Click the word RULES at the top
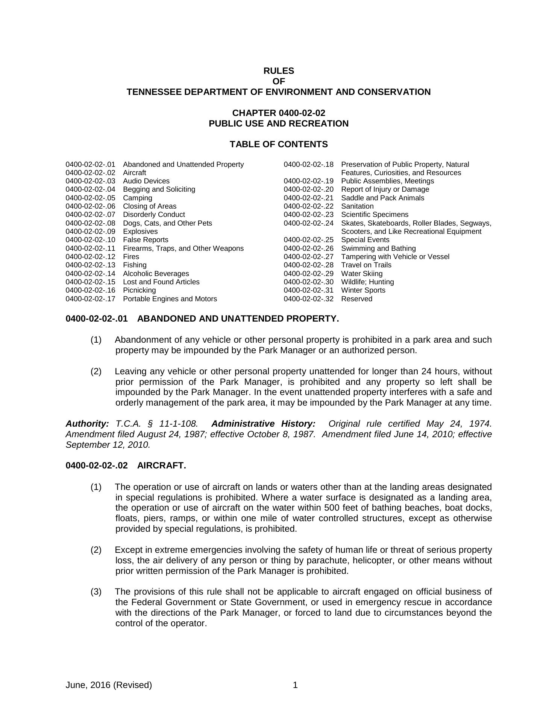click(279, 71)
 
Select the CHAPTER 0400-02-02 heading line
click(279, 113)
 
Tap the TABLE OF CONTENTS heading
click(279, 144)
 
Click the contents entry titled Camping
click(138, 198)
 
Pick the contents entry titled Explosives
click(140, 231)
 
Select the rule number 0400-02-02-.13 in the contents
click(90, 265)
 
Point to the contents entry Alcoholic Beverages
click(156, 273)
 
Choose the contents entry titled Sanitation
click(357, 206)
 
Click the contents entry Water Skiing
click(362, 273)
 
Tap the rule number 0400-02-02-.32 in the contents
click(308, 299)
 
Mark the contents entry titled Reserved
click(356, 299)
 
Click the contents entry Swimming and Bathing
click(378, 248)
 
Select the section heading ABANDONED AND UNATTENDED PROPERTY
click(238, 319)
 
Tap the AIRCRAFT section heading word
click(161, 465)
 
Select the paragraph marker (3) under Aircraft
click(96, 592)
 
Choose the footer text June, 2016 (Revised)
click(109, 685)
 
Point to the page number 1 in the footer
click(295, 685)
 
